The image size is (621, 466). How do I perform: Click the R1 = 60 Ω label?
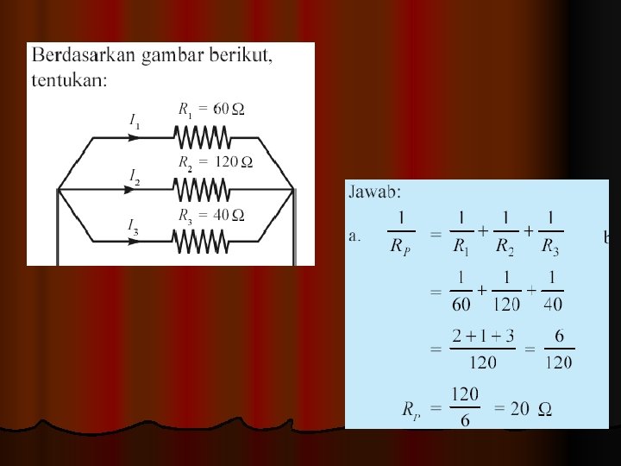pyautogui.click(x=211, y=110)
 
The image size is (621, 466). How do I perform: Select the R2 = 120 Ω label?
pyautogui.click(x=215, y=161)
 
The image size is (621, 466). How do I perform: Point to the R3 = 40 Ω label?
pyautogui.click(x=211, y=214)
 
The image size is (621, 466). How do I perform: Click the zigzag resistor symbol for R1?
pyautogui.click(x=201, y=136)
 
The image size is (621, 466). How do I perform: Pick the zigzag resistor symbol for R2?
pyautogui.click(x=201, y=188)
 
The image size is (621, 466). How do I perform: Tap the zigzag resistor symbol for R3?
pyautogui.click(x=201, y=241)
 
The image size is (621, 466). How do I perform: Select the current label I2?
pyautogui.click(x=135, y=177)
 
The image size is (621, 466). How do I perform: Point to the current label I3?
pyautogui.click(x=134, y=227)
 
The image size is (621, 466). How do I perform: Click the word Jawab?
pyautogui.click(x=374, y=193)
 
